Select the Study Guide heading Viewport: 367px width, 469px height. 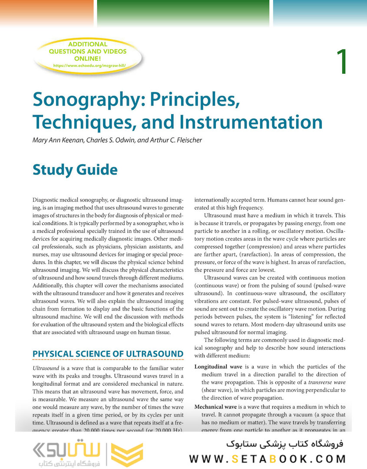[75, 170]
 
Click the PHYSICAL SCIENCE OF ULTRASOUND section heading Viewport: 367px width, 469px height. [108, 353]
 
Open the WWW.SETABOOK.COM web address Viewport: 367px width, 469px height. [268, 459]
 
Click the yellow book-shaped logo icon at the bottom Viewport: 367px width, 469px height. [124, 455]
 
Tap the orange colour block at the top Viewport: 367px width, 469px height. [46, 12]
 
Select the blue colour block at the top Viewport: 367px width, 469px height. [320, 12]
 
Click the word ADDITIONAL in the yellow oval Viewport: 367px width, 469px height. [88, 44]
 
